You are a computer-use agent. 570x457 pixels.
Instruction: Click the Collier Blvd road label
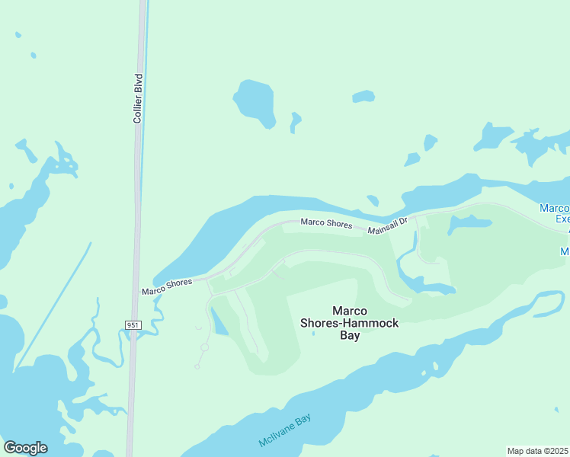point(138,98)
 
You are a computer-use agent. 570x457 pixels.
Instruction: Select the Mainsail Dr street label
point(388,226)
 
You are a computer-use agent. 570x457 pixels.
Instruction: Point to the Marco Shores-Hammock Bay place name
point(350,323)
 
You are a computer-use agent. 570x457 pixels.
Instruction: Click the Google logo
point(25,448)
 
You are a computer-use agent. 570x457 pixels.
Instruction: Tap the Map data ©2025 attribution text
point(538,451)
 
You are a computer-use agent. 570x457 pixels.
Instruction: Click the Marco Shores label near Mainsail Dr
point(326,223)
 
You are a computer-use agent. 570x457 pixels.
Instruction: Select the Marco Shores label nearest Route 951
point(167,286)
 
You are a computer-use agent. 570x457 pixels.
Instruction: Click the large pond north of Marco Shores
point(255,101)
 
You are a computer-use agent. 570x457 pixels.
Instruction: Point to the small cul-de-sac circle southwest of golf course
point(204,347)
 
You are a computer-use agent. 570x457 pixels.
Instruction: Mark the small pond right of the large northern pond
point(296,120)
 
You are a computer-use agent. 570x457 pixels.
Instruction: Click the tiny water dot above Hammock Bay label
point(314,333)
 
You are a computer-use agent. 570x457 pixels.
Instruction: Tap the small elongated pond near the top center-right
point(363,97)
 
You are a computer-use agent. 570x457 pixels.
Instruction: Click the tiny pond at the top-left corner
point(18,34)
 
